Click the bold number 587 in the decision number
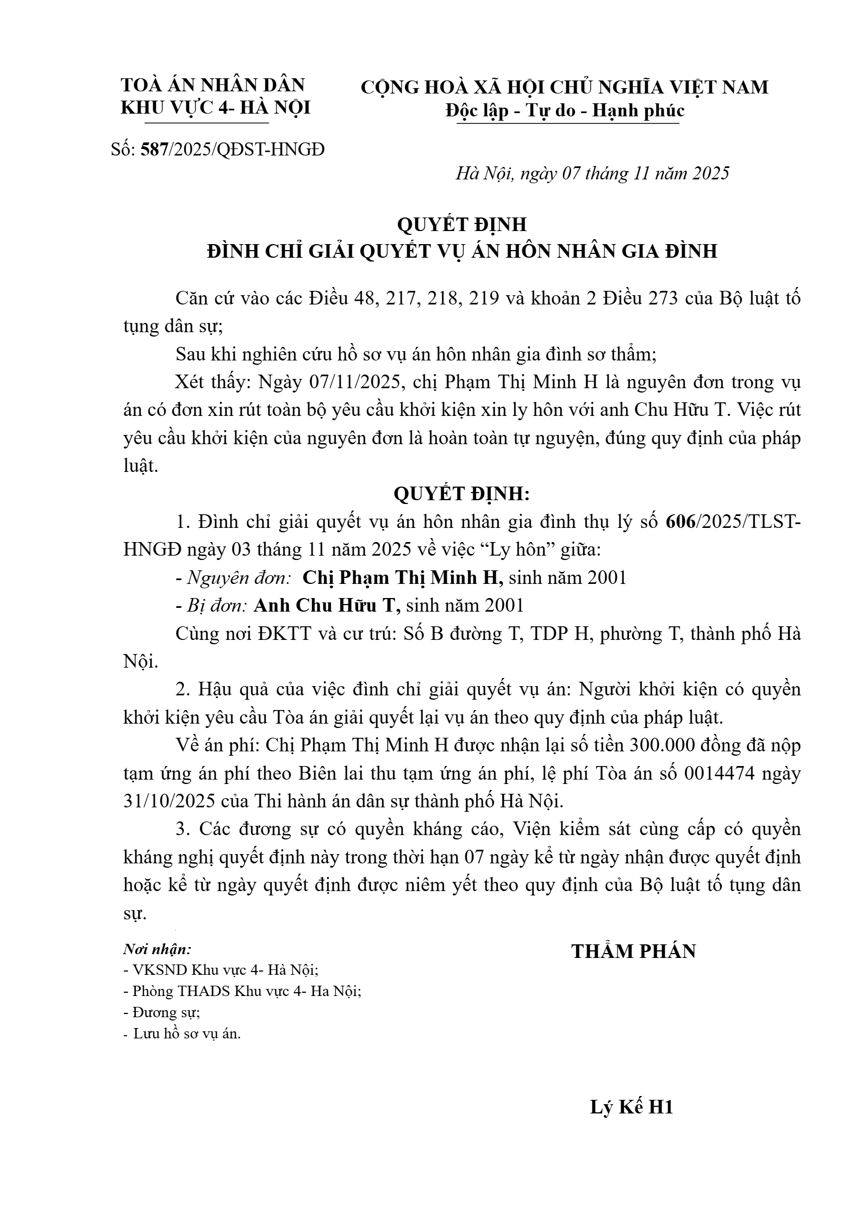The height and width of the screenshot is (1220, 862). tap(154, 149)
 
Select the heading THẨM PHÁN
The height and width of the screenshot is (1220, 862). tap(633, 951)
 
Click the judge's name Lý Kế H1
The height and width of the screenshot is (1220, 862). tap(632, 1107)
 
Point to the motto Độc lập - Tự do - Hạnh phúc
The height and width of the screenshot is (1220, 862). tap(565, 110)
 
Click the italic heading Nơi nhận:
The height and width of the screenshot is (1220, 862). tap(157, 950)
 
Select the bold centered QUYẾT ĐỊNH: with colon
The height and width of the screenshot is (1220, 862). tap(461, 494)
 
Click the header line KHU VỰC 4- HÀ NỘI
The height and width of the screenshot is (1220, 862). tap(215, 108)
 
